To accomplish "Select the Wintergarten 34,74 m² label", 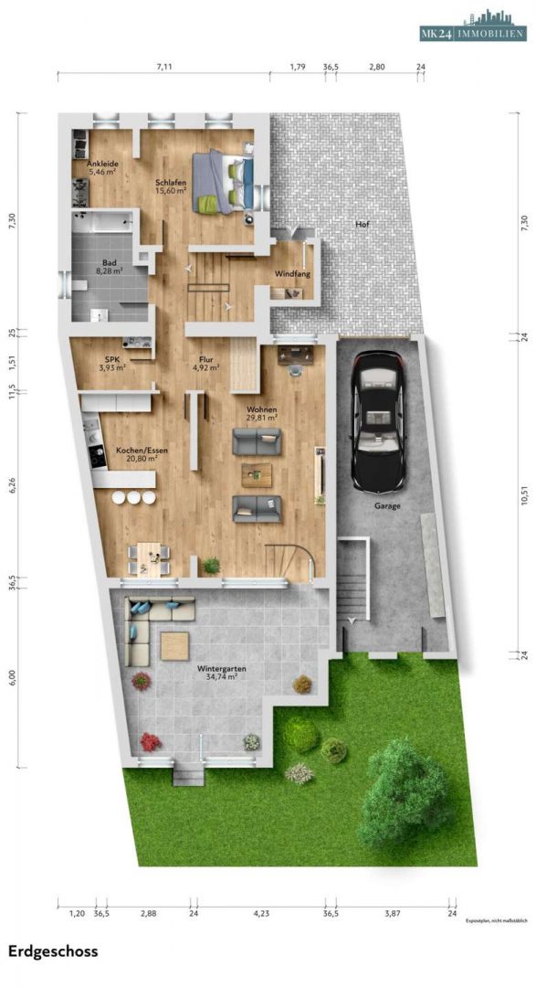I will (221, 674).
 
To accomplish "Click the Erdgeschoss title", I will (53, 950).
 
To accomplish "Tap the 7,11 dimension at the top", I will (164, 67).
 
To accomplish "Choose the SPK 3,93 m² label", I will (113, 364).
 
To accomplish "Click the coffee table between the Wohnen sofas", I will (257, 473).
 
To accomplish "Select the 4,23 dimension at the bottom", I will (260, 913).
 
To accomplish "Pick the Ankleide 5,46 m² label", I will (102, 167).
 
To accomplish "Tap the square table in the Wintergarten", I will (174, 645).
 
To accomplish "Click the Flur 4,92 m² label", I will (206, 364).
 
